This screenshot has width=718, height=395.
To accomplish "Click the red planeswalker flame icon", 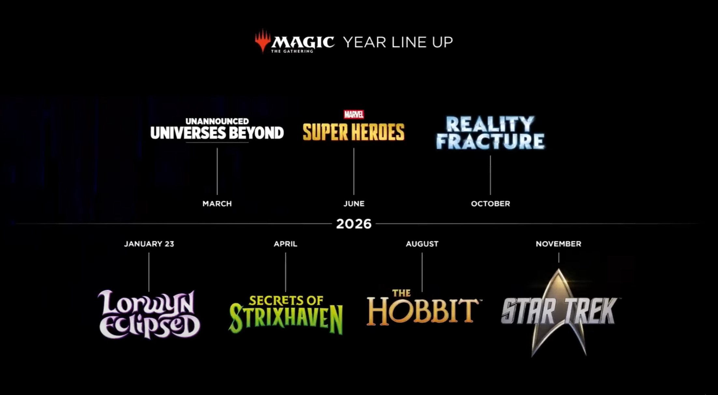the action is coord(263,41).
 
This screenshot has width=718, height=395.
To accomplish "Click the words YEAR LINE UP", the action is coord(398,42).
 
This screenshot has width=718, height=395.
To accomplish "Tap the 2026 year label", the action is coord(354,224).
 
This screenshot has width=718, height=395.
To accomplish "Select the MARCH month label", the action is coord(217,204).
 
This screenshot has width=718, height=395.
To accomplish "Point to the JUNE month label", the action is coord(354,204).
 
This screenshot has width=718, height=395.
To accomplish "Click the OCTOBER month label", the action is coord(490,204).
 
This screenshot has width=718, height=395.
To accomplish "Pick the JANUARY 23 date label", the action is coord(149,244).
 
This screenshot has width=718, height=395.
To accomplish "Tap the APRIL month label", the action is coord(285,244).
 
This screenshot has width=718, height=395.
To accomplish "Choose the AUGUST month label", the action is coord(422,244).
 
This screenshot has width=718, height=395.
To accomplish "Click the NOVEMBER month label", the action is coord(558,244).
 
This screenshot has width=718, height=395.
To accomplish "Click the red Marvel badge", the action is coord(354,114).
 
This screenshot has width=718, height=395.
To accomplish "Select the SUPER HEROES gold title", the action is coord(353,132).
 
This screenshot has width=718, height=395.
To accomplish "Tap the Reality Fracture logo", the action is coord(490,133).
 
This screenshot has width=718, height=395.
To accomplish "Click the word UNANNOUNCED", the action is coord(217,121).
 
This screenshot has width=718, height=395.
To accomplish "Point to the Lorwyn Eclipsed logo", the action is coord(149,314).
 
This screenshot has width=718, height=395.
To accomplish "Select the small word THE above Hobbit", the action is coord(401,293).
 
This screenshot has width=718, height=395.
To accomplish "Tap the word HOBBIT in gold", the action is coord(423,312).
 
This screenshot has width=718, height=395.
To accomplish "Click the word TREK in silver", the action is coord(590,311).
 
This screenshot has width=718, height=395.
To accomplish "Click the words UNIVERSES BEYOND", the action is coord(217,133).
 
